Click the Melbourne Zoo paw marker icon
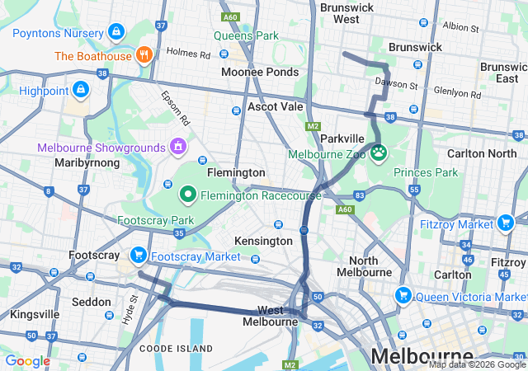[x=379, y=152]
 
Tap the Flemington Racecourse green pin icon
[x=188, y=195]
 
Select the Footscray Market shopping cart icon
[x=138, y=256]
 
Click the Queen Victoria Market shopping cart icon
[x=403, y=295]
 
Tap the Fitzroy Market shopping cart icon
[x=506, y=222]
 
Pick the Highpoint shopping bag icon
[x=81, y=88]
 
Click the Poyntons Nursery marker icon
[x=116, y=32]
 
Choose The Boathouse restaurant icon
[x=144, y=56]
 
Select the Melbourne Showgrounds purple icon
[x=177, y=147]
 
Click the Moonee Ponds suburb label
[x=260, y=73]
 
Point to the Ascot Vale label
[x=275, y=107]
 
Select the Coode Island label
[x=172, y=349]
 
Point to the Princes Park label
[x=426, y=172]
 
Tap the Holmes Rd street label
[x=188, y=53]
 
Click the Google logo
[x=27, y=361]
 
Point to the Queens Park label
[x=246, y=35]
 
